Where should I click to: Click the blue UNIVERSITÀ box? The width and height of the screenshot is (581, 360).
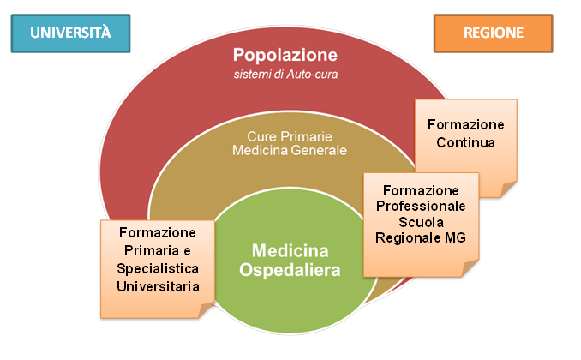(x=71, y=33)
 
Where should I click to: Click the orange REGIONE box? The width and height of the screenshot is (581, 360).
(x=493, y=33)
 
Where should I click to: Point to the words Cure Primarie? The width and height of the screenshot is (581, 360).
(x=289, y=135)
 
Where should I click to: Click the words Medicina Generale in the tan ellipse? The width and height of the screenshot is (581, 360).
(x=289, y=150)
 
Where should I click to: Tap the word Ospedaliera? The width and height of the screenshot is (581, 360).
(x=296, y=270)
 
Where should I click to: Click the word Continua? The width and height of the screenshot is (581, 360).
(x=465, y=142)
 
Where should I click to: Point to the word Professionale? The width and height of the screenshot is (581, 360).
(x=421, y=206)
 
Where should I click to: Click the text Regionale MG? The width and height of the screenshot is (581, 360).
(x=421, y=237)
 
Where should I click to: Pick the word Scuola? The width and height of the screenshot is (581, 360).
(x=421, y=221)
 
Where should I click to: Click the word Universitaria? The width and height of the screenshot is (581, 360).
(x=158, y=286)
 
